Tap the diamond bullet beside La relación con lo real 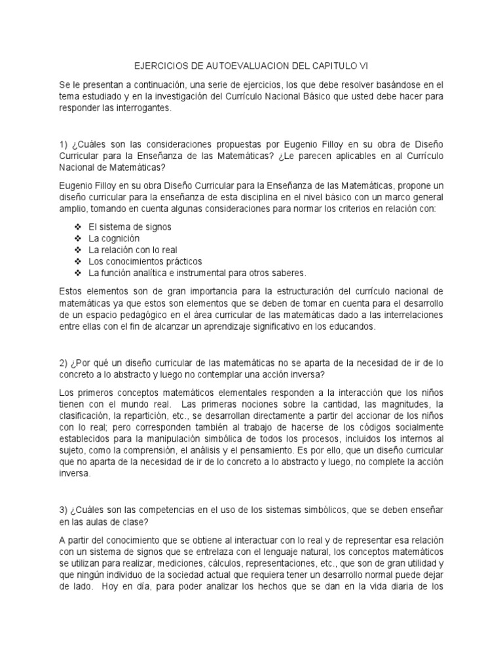click(x=77, y=250)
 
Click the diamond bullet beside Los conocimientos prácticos click(x=77, y=261)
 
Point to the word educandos click(x=352, y=328)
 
